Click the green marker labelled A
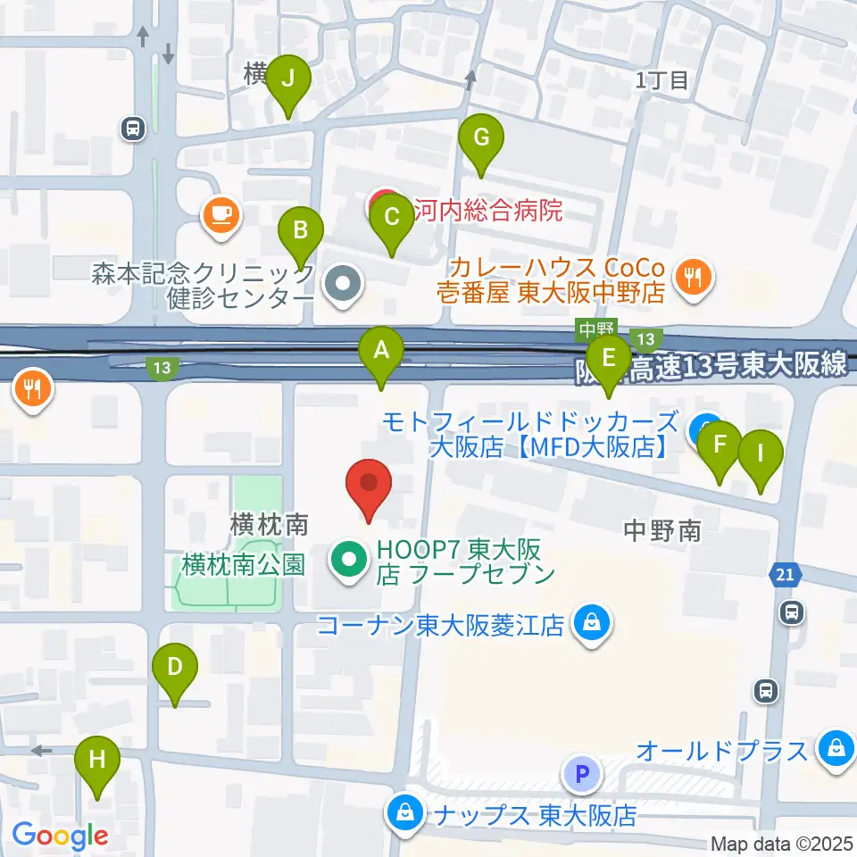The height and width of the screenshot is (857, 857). (381, 350)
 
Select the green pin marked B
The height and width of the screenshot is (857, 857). (302, 231)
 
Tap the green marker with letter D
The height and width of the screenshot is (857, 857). (175, 666)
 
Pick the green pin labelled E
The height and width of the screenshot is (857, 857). (609, 359)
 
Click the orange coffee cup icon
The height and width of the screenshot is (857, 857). (220, 214)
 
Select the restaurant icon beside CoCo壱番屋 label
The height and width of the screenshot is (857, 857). (692, 274)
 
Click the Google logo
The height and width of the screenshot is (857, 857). (60, 836)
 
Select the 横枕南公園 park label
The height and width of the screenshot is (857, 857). (243, 563)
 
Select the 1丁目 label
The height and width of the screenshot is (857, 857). (661, 80)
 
